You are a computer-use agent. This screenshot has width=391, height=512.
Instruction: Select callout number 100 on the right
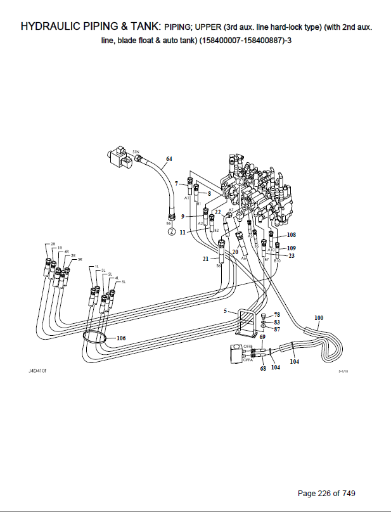click(x=319, y=317)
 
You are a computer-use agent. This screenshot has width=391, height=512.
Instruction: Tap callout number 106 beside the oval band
click(x=121, y=338)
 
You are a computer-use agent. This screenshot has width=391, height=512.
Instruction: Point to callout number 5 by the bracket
click(x=225, y=311)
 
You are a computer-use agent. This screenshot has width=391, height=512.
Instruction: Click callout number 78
click(x=277, y=315)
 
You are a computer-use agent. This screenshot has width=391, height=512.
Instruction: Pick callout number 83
click(x=277, y=322)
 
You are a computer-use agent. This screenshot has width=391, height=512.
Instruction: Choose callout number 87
click(x=277, y=330)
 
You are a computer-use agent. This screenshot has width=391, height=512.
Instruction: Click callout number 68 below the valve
click(x=263, y=368)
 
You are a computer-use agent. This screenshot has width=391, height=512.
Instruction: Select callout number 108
click(x=292, y=235)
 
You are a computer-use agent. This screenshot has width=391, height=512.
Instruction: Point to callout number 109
click(x=292, y=248)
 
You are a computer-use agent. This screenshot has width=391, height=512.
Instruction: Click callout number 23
click(x=292, y=256)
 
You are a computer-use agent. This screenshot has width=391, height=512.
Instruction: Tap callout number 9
click(x=183, y=217)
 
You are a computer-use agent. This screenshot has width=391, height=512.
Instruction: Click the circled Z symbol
click(x=170, y=232)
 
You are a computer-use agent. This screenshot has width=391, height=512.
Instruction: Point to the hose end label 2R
click(x=53, y=245)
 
